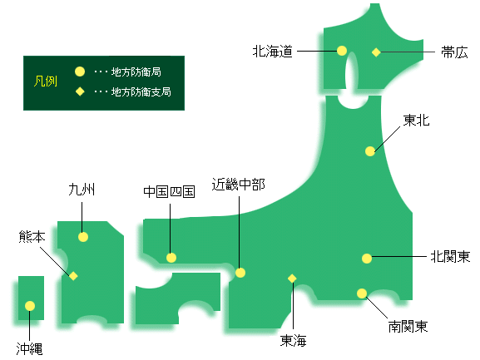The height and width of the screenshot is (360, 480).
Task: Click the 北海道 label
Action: click(x=273, y=51)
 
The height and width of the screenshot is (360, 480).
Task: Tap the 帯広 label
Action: click(x=454, y=52)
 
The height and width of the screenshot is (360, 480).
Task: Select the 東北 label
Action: click(x=416, y=121)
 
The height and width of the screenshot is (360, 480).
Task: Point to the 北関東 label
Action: click(x=450, y=256)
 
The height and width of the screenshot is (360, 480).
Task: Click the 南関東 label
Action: click(x=408, y=327)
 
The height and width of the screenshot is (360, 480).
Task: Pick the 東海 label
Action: click(x=294, y=340)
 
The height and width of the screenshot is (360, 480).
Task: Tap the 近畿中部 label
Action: click(x=239, y=185)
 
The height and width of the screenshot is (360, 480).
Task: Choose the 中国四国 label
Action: click(x=169, y=192)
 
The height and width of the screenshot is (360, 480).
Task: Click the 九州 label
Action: click(x=82, y=190)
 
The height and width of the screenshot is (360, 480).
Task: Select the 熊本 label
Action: click(x=32, y=236)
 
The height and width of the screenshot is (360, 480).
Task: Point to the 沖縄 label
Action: click(x=29, y=349)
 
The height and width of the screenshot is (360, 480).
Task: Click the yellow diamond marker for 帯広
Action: click(x=376, y=52)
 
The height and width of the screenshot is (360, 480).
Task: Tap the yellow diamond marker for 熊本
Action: click(x=73, y=276)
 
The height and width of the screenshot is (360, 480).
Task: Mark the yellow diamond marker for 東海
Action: click(x=292, y=279)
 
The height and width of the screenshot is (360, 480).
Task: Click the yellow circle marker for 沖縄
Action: click(x=30, y=306)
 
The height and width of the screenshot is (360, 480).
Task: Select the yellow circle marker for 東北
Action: click(x=370, y=151)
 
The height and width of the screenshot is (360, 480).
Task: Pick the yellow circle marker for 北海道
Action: click(x=342, y=51)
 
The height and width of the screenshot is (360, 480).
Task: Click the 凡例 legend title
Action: click(x=46, y=81)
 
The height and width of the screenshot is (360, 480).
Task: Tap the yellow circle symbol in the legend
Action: click(x=80, y=72)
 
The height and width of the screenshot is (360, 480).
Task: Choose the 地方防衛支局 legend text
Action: click(x=141, y=91)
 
